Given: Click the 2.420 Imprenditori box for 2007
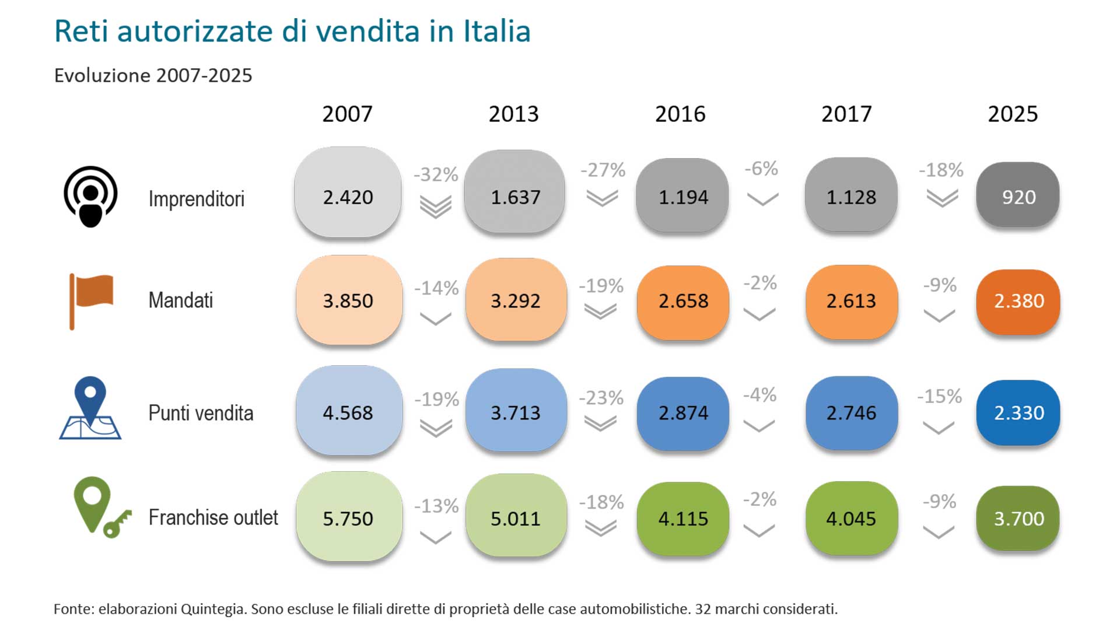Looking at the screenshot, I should tap(348, 192).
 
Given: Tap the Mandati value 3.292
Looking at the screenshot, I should tap(516, 300).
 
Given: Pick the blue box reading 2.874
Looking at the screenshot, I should tap(683, 413).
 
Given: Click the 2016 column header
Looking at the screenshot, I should tap(680, 114).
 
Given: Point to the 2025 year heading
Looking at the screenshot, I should tap(1013, 114).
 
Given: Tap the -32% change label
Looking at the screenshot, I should tap(436, 174).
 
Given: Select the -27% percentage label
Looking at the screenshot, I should tap(603, 170).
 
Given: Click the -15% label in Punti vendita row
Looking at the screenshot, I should tap(939, 397).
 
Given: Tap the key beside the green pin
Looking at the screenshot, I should tap(117, 523).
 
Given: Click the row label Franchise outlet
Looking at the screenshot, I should tap(213, 517).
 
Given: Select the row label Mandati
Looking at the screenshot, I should tap(181, 300).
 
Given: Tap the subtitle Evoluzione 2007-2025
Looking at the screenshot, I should tap(153, 75).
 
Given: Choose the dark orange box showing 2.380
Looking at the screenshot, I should tap(1018, 301).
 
